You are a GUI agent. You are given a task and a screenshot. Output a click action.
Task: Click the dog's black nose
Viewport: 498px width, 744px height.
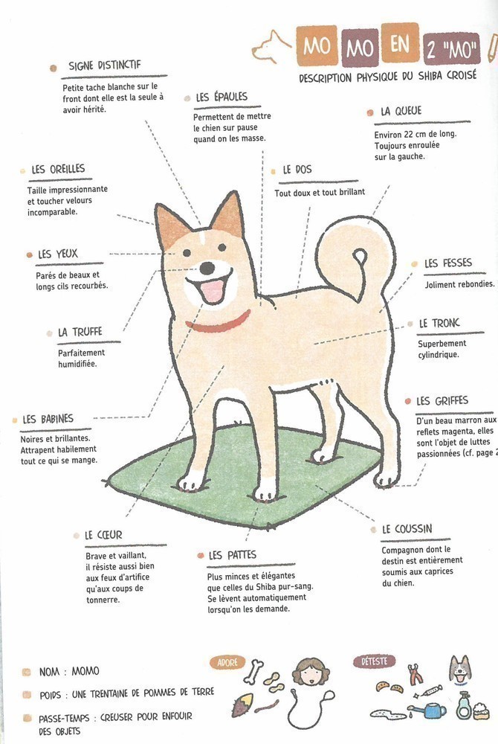point(207,268)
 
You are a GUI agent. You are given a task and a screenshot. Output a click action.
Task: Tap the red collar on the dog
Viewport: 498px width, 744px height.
point(219,323)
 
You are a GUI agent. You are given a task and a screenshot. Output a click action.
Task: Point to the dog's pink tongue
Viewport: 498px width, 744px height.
point(213,290)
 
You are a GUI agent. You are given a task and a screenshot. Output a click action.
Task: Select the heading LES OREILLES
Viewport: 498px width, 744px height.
point(58,170)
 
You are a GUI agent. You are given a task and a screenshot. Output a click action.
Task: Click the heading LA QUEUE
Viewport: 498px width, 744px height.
point(401,111)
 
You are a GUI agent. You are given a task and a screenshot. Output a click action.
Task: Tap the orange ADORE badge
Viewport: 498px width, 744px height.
point(227,662)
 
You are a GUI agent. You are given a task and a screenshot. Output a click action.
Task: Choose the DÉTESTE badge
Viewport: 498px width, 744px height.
point(375,661)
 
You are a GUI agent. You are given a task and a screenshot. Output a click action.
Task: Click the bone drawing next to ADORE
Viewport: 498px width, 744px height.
point(254,671)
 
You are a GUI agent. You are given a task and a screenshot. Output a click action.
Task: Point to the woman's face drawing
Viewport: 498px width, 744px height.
point(311,673)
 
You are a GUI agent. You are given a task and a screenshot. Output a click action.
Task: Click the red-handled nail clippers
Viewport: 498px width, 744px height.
point(415,674)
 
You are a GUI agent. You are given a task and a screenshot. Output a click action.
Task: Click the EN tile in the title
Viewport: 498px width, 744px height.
point(400,44)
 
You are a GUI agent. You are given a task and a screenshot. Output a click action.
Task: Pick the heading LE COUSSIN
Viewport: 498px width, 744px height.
point(407,529)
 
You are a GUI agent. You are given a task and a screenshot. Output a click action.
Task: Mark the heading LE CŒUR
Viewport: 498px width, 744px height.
point(103,535)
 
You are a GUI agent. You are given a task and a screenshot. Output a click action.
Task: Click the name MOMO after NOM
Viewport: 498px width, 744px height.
point(85,671)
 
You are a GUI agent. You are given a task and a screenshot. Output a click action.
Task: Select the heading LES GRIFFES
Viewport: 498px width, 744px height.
point(442,402)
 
